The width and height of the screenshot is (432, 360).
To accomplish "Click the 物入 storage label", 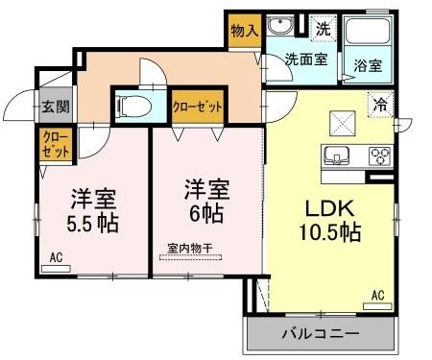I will [245, 31].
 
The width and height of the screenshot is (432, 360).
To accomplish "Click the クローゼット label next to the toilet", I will [197, 104].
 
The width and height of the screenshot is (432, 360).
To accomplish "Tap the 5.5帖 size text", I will [93, 224].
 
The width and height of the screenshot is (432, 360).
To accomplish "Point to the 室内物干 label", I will [188, 248].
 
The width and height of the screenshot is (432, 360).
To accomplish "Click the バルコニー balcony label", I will [320, 334].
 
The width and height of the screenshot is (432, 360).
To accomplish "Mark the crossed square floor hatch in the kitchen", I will [343, 122].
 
